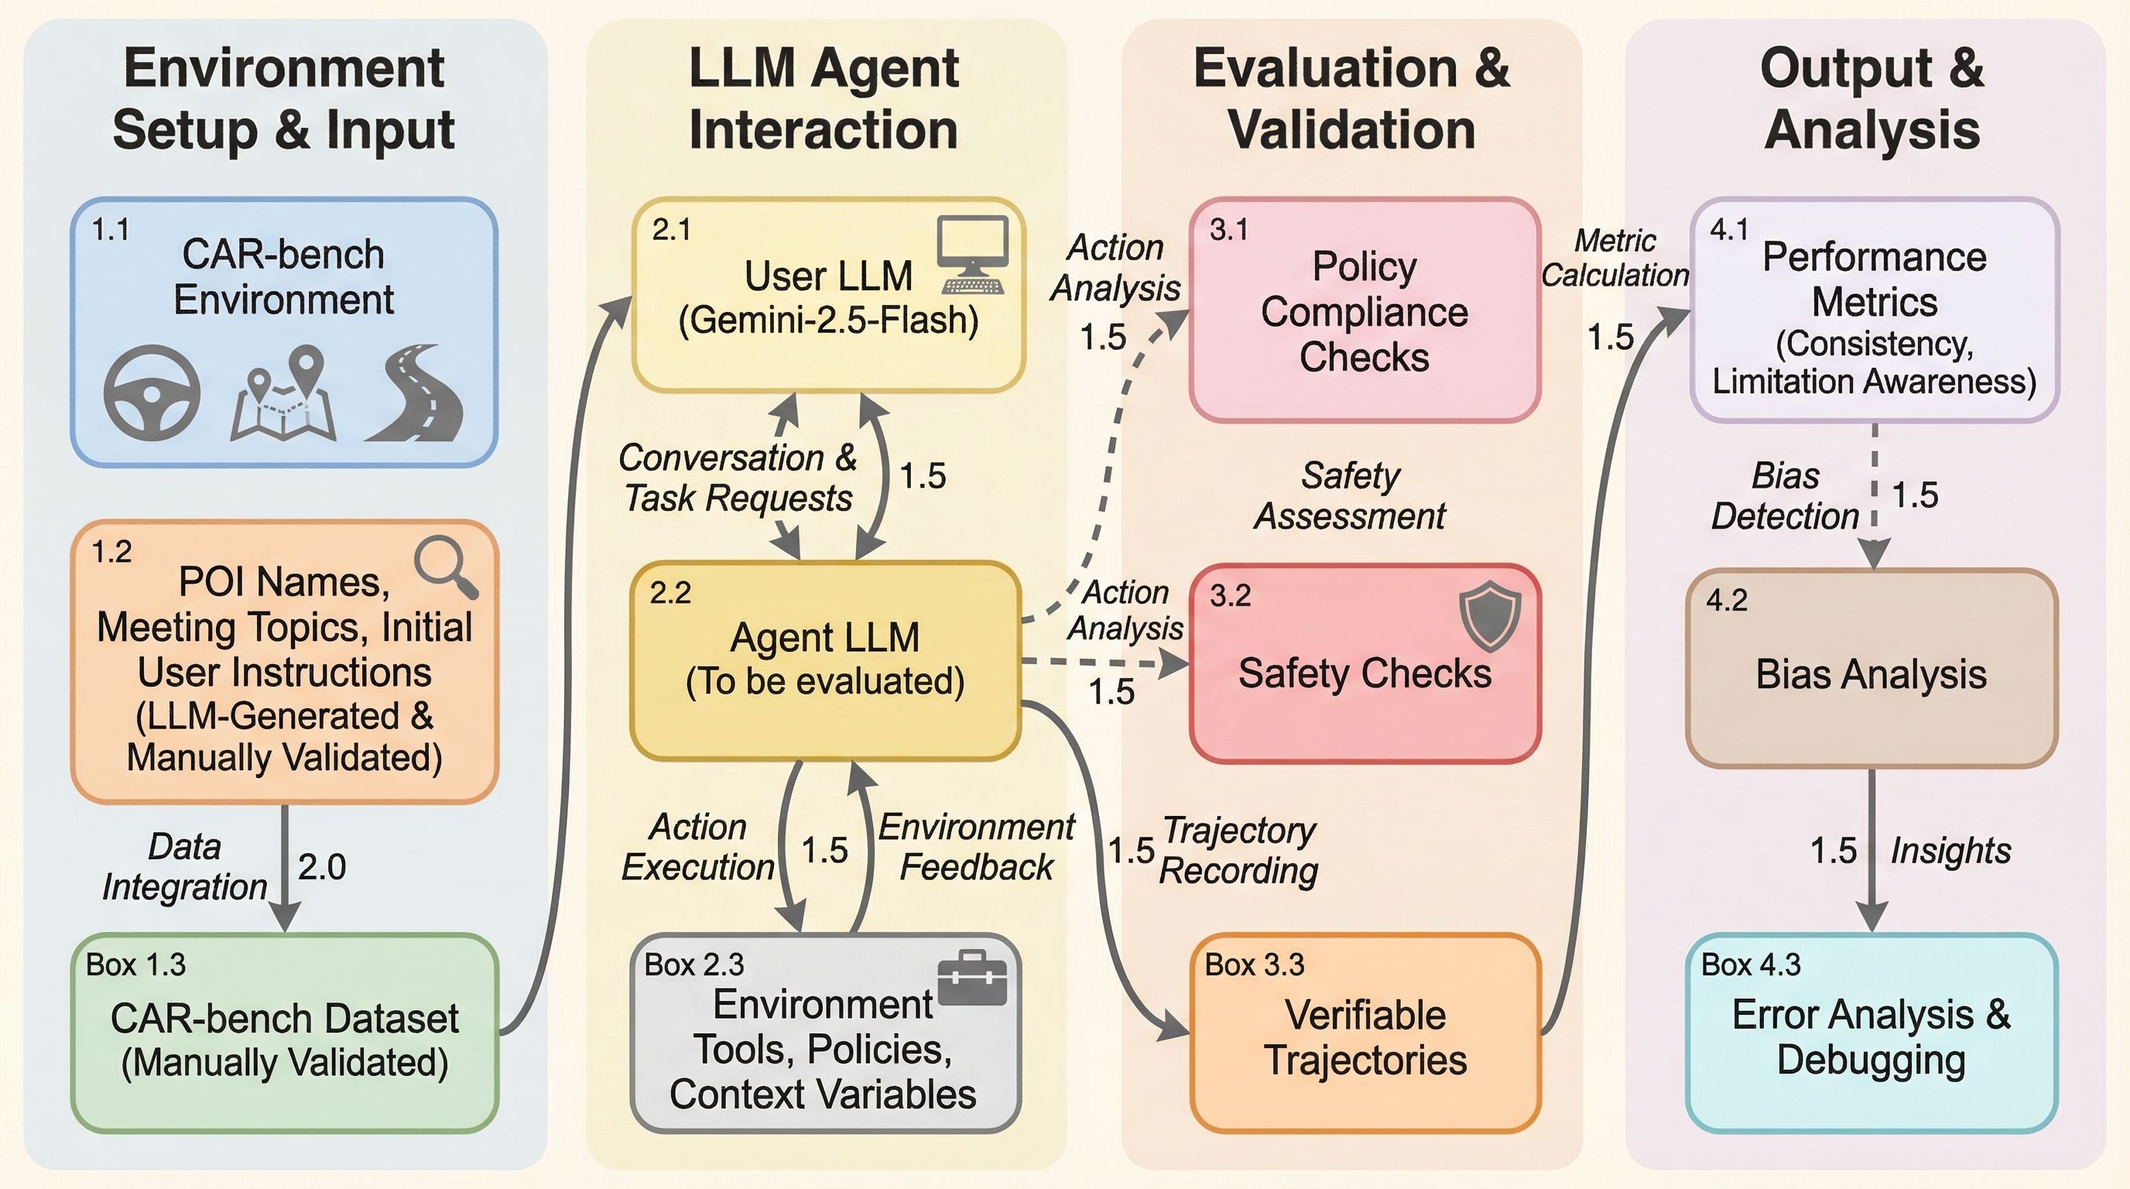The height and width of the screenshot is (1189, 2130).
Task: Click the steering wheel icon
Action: tap(152, 392)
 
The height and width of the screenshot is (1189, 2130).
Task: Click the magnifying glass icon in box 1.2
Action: tap(446, 567)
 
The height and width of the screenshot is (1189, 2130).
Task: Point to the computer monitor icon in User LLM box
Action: tap(973, 255)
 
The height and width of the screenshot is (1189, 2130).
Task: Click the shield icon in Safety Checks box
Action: tap(1489, 616)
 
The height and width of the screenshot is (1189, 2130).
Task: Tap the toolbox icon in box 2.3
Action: tap(973, 978)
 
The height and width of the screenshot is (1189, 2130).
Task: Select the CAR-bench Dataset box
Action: tap(285, 1033)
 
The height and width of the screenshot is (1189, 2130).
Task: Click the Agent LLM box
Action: tap(825, 660)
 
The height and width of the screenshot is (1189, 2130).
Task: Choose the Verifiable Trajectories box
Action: tap(1365, 1033)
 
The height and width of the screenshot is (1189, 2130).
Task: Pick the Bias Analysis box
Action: tap(1871, 668)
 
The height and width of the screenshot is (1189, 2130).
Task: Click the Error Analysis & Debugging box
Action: tap(1871, 1033)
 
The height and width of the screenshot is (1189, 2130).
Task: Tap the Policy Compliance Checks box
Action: tap(1365, 310)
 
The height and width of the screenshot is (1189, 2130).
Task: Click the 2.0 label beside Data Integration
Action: tap(322, 866)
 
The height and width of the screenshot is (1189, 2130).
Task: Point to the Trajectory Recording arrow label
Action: tap(1238, 850)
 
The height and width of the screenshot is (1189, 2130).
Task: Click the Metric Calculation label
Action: tap(1615, 258)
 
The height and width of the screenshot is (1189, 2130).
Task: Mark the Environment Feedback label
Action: tap(976, 847)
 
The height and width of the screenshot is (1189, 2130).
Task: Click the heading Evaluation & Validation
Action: tap(1351, 98)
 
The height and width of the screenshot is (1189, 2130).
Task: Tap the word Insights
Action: tap(1950, 851)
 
